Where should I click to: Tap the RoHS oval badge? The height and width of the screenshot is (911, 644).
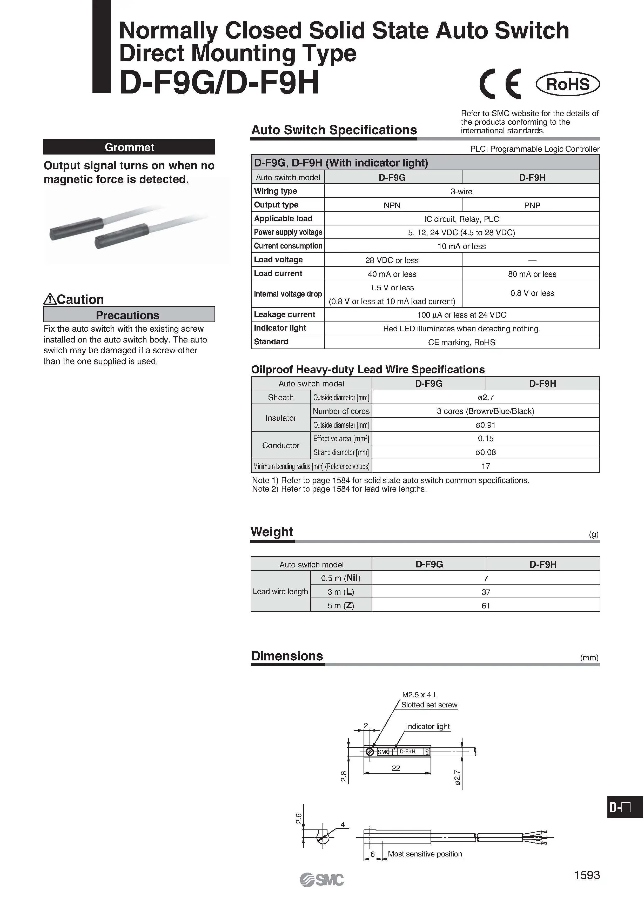(x=567, y=84)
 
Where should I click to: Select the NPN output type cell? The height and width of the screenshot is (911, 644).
(x=392, y=205)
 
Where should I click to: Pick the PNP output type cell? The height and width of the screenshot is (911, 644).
(x=532, y=205)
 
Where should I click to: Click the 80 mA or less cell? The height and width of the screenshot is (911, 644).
(x=532, y=274)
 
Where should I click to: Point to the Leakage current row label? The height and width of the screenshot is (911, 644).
(x=285, y=314)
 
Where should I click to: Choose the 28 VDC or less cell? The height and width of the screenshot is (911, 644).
(x=392, y=260)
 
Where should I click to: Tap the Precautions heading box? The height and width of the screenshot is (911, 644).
(x=129, y=315)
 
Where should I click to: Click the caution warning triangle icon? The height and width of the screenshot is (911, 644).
(x=50, y=299)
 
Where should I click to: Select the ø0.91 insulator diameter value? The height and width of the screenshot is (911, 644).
(x=485, y=425)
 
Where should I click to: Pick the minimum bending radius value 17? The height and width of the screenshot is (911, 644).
(x=485, y=466)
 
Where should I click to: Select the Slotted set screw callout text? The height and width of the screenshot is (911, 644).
(x=429, y=705)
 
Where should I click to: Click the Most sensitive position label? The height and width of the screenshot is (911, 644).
(x=425, y=854)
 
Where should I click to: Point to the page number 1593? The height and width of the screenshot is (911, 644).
(x=587, y=875)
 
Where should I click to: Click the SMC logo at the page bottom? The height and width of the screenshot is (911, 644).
(x=321, y=880)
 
